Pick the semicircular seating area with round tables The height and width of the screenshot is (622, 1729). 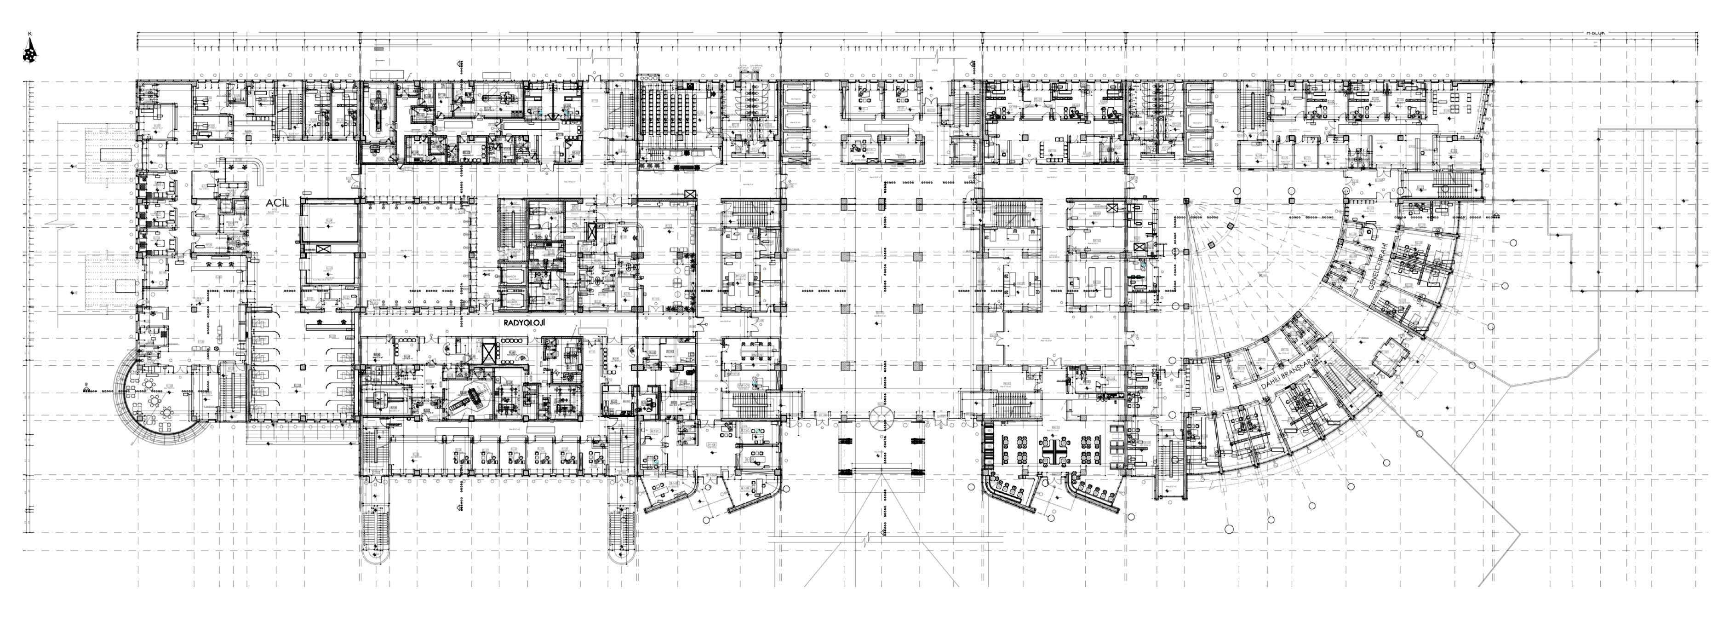(x=151, y=403)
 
